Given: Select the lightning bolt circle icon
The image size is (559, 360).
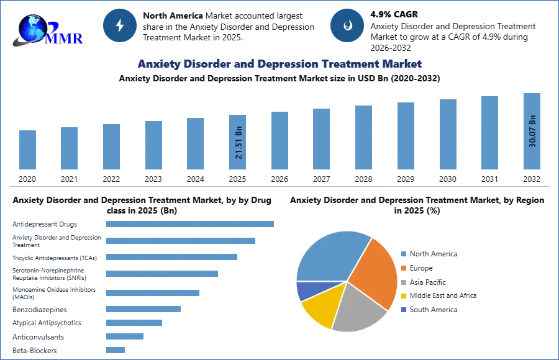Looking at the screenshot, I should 120,25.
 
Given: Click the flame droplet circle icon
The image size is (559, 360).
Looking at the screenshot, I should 347,25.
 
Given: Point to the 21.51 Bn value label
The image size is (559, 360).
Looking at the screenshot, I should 239,143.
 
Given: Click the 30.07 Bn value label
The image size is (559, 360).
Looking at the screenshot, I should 532,131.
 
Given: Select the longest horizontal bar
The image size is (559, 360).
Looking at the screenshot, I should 191,223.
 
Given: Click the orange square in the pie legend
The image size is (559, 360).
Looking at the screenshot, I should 402,268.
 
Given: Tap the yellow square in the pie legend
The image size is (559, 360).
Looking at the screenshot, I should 402,295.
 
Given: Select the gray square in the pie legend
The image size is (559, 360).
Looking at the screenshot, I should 402,282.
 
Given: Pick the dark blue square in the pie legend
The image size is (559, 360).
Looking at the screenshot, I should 402,309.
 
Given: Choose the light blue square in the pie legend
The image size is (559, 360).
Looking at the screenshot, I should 402,254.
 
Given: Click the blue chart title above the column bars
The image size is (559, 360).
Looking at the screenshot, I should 279,65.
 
